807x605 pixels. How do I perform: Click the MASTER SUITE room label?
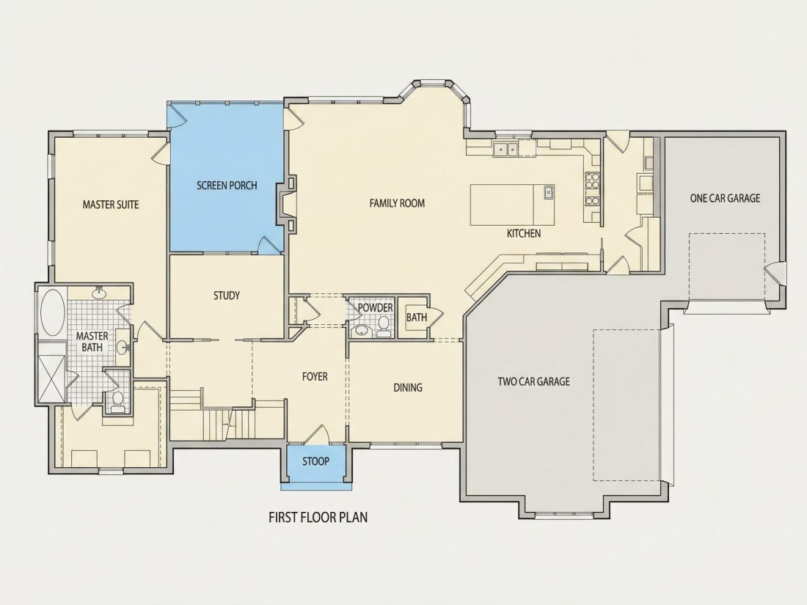click(111, 205)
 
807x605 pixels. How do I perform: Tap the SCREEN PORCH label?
click(227, 186)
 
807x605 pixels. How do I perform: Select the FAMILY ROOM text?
click(398, 203)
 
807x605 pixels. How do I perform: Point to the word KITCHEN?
click(524, 233)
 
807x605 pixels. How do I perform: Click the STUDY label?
click(227, 296)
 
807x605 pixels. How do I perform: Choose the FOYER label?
click(315, 377)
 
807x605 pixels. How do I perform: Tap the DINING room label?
click(408, 387)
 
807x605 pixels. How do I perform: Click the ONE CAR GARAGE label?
click(725, 198)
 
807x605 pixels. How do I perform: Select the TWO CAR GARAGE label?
click(533, 382)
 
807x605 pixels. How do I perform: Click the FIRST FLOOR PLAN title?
click(318, 517)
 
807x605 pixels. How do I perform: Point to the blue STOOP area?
click(315, 463)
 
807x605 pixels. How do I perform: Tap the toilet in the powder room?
click(384, 325)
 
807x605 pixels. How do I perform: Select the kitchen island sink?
click(549, 192)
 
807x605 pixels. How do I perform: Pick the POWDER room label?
click(375, 308)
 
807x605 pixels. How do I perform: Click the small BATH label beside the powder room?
click(417, 318)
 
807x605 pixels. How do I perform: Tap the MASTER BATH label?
click(92, 342)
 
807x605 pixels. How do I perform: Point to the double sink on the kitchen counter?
click(505, 149)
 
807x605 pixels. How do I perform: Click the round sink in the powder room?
click(362, 330)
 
